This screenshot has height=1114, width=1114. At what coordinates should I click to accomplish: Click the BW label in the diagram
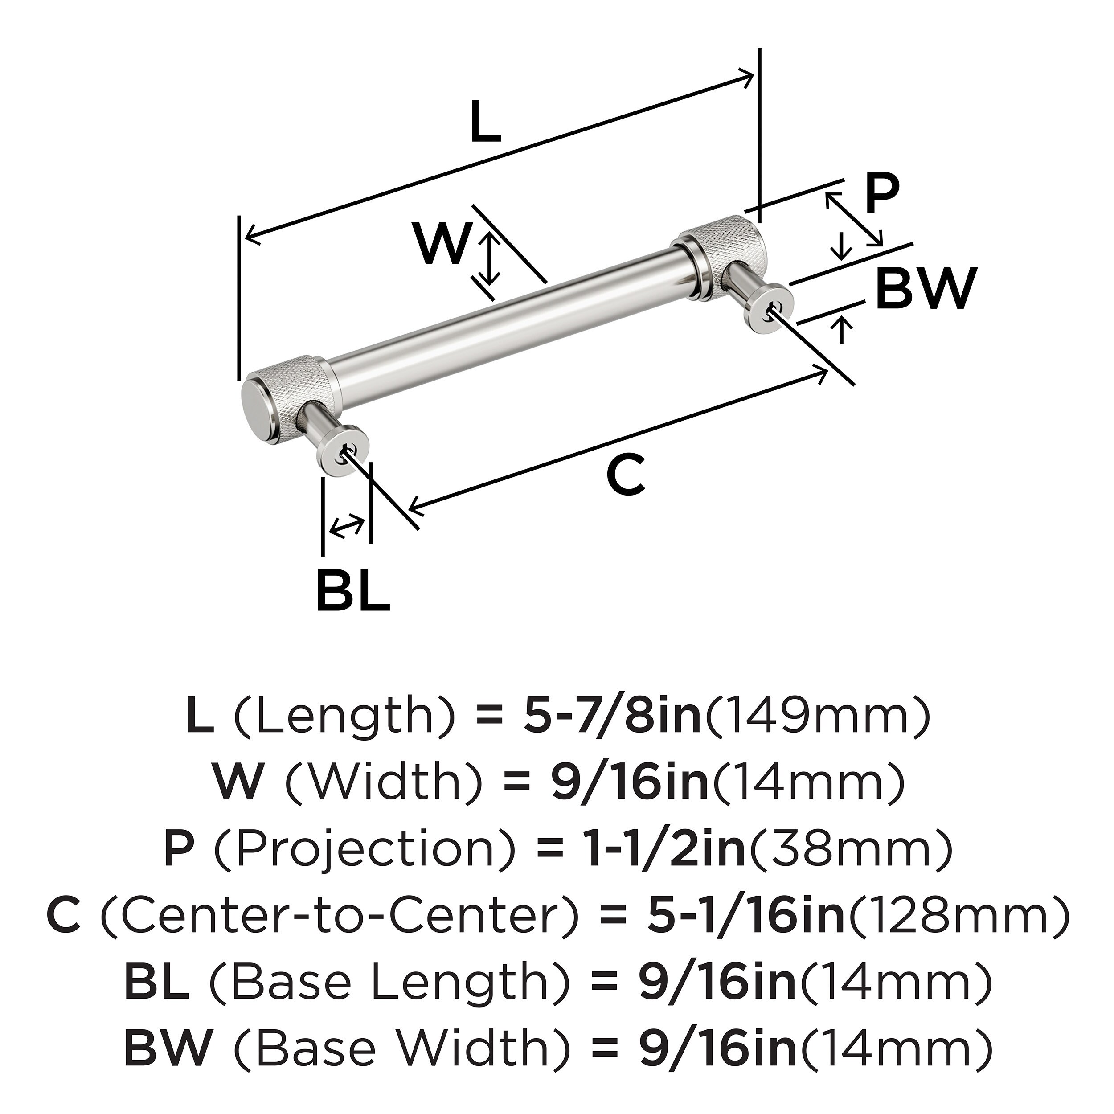[926, 288]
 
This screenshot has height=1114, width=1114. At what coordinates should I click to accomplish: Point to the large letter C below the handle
[626, 475]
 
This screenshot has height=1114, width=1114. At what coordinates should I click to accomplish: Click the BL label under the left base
[353, 590]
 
